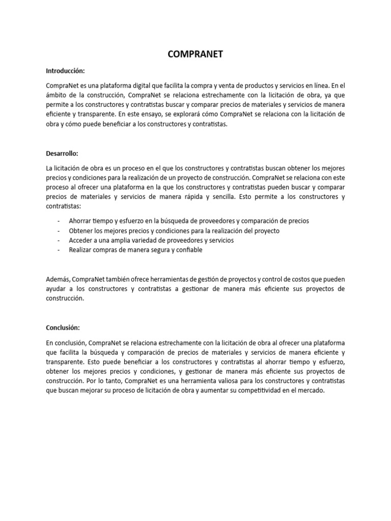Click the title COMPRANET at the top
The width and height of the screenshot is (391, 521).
pos(195,55)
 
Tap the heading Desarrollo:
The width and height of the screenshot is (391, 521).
pos(62,153)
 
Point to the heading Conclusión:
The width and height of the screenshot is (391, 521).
pos(63,328)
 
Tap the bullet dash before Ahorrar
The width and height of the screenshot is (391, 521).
pos(59,221)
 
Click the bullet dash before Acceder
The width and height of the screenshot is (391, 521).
pos(59,240)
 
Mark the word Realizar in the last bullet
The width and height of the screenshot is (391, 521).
pos(81,250)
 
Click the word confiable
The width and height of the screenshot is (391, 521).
pos(188,250)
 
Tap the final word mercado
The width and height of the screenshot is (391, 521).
pos(310,390)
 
